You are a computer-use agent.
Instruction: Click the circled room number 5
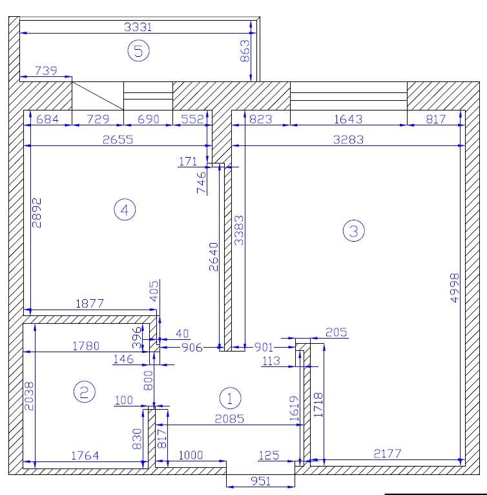coord(139,51)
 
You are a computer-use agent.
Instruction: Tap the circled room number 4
coord(125,209)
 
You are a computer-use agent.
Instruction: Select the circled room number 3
coord(353,231)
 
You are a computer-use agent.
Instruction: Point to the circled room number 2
coord(84,392)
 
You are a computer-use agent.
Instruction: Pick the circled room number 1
coord(230,398)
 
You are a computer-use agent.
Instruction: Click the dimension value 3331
coord(138,27)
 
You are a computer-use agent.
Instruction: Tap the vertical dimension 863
coord(245,50)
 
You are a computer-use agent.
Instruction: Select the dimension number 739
coord(46,70)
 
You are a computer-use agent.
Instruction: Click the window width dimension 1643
coord(348,120)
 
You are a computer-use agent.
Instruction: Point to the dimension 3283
coord(348,140)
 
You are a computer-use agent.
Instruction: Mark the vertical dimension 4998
coord(455,288)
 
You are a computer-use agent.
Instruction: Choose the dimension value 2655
coord(118,140)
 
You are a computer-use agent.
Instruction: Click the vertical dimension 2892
coord(36,213)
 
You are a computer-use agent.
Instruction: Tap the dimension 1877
coord(90,304)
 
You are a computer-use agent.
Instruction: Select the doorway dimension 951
coord(260,481)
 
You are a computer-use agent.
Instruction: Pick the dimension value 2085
coord(229,419)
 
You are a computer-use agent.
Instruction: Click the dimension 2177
coord(388,454)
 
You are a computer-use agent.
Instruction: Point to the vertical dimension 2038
coord(28,396)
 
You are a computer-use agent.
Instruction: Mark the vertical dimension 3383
coord(239,231)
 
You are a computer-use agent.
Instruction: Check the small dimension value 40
coord(182,333)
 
